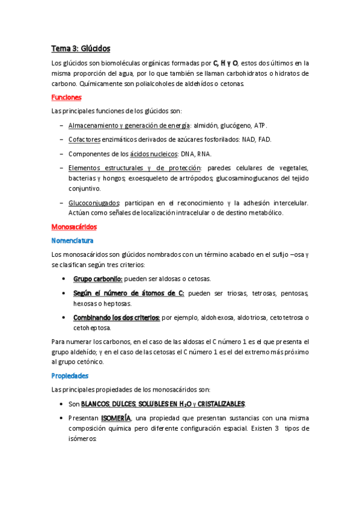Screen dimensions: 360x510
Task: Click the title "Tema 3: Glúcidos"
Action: (81, 48)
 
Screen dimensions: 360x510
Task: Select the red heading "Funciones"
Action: (66, 97)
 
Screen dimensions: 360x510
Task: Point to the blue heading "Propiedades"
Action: (70, 375)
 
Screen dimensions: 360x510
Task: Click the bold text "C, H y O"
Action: (225, 63)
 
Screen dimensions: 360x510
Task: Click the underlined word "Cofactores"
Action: (84, 140)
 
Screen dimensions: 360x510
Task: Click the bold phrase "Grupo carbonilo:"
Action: (98, 279)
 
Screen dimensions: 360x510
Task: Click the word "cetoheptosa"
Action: (92, 328)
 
